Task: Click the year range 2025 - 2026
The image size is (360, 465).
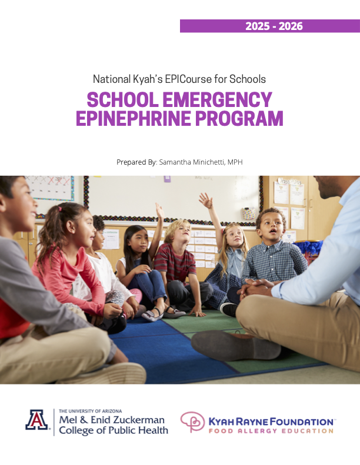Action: (x=274, y=26)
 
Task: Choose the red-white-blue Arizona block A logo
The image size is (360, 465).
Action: (x=37, y=420)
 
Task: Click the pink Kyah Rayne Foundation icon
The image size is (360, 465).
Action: (x=192, y=422)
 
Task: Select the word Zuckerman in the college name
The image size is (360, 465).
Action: (x=136, y=420)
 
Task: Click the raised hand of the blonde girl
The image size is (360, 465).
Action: (x=205, y=200)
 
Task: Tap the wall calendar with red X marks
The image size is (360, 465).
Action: (x=50, y=188)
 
